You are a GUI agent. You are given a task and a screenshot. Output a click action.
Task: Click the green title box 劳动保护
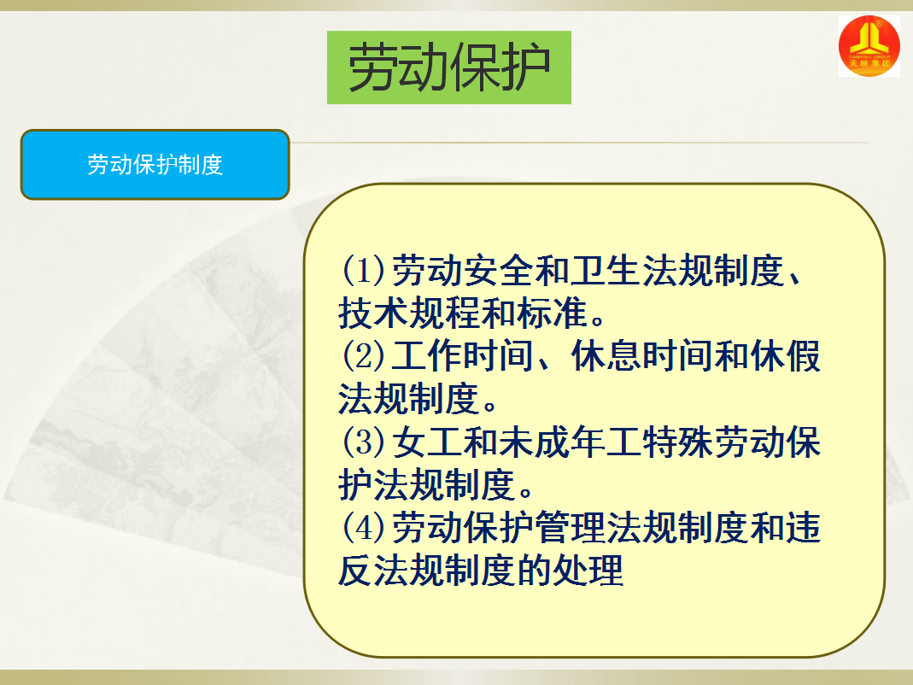[449, 67]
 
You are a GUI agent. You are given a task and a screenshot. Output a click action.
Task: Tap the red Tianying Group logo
[869, 46]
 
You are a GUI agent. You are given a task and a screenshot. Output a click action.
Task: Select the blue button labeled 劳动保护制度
[155, 165]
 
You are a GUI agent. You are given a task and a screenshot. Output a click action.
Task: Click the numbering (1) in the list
[363, 270]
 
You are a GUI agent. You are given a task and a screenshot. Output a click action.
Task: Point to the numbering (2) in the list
[363, 356]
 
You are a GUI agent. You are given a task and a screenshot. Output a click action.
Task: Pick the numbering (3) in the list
[363, 442]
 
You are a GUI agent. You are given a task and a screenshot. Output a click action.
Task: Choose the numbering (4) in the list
[363, 527]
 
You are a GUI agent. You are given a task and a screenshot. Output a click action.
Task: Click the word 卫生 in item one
[606, 271]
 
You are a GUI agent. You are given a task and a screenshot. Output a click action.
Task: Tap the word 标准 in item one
[552, 313]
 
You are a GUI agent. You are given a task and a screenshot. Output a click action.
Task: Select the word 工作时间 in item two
[462, 356]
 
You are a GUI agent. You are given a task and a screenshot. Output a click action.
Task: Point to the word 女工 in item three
[426, 442]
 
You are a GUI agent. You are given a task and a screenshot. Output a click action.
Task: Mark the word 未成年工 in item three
[570, 442]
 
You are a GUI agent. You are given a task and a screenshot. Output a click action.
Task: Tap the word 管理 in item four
[570, 527]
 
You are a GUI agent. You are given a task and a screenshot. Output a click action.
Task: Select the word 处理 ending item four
[588, 571]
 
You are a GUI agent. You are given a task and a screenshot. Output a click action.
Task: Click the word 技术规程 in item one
[409, 313]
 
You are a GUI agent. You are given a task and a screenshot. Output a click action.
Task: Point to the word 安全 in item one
[498, 271]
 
